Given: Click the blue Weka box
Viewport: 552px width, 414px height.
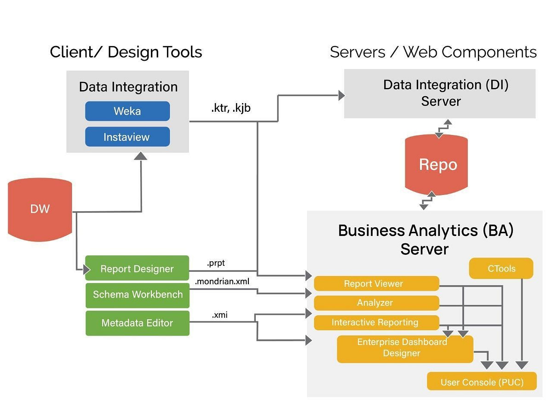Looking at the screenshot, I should click(x=127, y=111).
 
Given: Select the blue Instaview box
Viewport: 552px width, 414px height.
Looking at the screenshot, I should click(x=127, y=137).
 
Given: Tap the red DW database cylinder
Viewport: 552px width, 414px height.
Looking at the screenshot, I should click(x=40, y=209).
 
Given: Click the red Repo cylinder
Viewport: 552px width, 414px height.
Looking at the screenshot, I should click(x=437, y=165).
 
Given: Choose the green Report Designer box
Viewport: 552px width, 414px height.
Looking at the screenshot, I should click(x=137, y=269).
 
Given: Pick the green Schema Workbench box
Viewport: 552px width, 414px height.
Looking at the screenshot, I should click(x=137, y=294).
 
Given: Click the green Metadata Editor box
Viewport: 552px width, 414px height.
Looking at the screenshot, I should click(x=137, y=323).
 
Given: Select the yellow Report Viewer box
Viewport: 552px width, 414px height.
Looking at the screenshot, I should click(x=376, y=284).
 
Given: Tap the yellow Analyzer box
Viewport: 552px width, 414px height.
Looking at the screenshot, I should click(x=376, y=303).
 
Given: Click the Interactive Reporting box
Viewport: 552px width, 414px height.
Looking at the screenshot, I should click(x=376, y=322).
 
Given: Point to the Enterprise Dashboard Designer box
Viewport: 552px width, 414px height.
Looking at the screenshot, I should click(x=404, y=348).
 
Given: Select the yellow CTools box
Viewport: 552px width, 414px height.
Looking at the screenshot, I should click(x=501, y=269).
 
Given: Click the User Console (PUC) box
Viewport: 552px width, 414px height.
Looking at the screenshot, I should click(x=482, y=382).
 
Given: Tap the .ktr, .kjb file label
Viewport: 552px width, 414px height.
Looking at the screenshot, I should click(x=231, y=109).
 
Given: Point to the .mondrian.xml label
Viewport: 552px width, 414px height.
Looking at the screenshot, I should click(x=222, y=282).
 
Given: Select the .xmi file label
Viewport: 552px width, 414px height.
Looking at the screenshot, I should click(x=219, y=315).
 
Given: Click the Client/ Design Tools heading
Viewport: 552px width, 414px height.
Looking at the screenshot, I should click(x=126, y=52).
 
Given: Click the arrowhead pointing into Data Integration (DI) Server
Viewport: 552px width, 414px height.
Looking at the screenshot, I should click(x=341, y=96).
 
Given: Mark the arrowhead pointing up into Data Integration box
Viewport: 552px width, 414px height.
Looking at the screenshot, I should click(x=141, y=156).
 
